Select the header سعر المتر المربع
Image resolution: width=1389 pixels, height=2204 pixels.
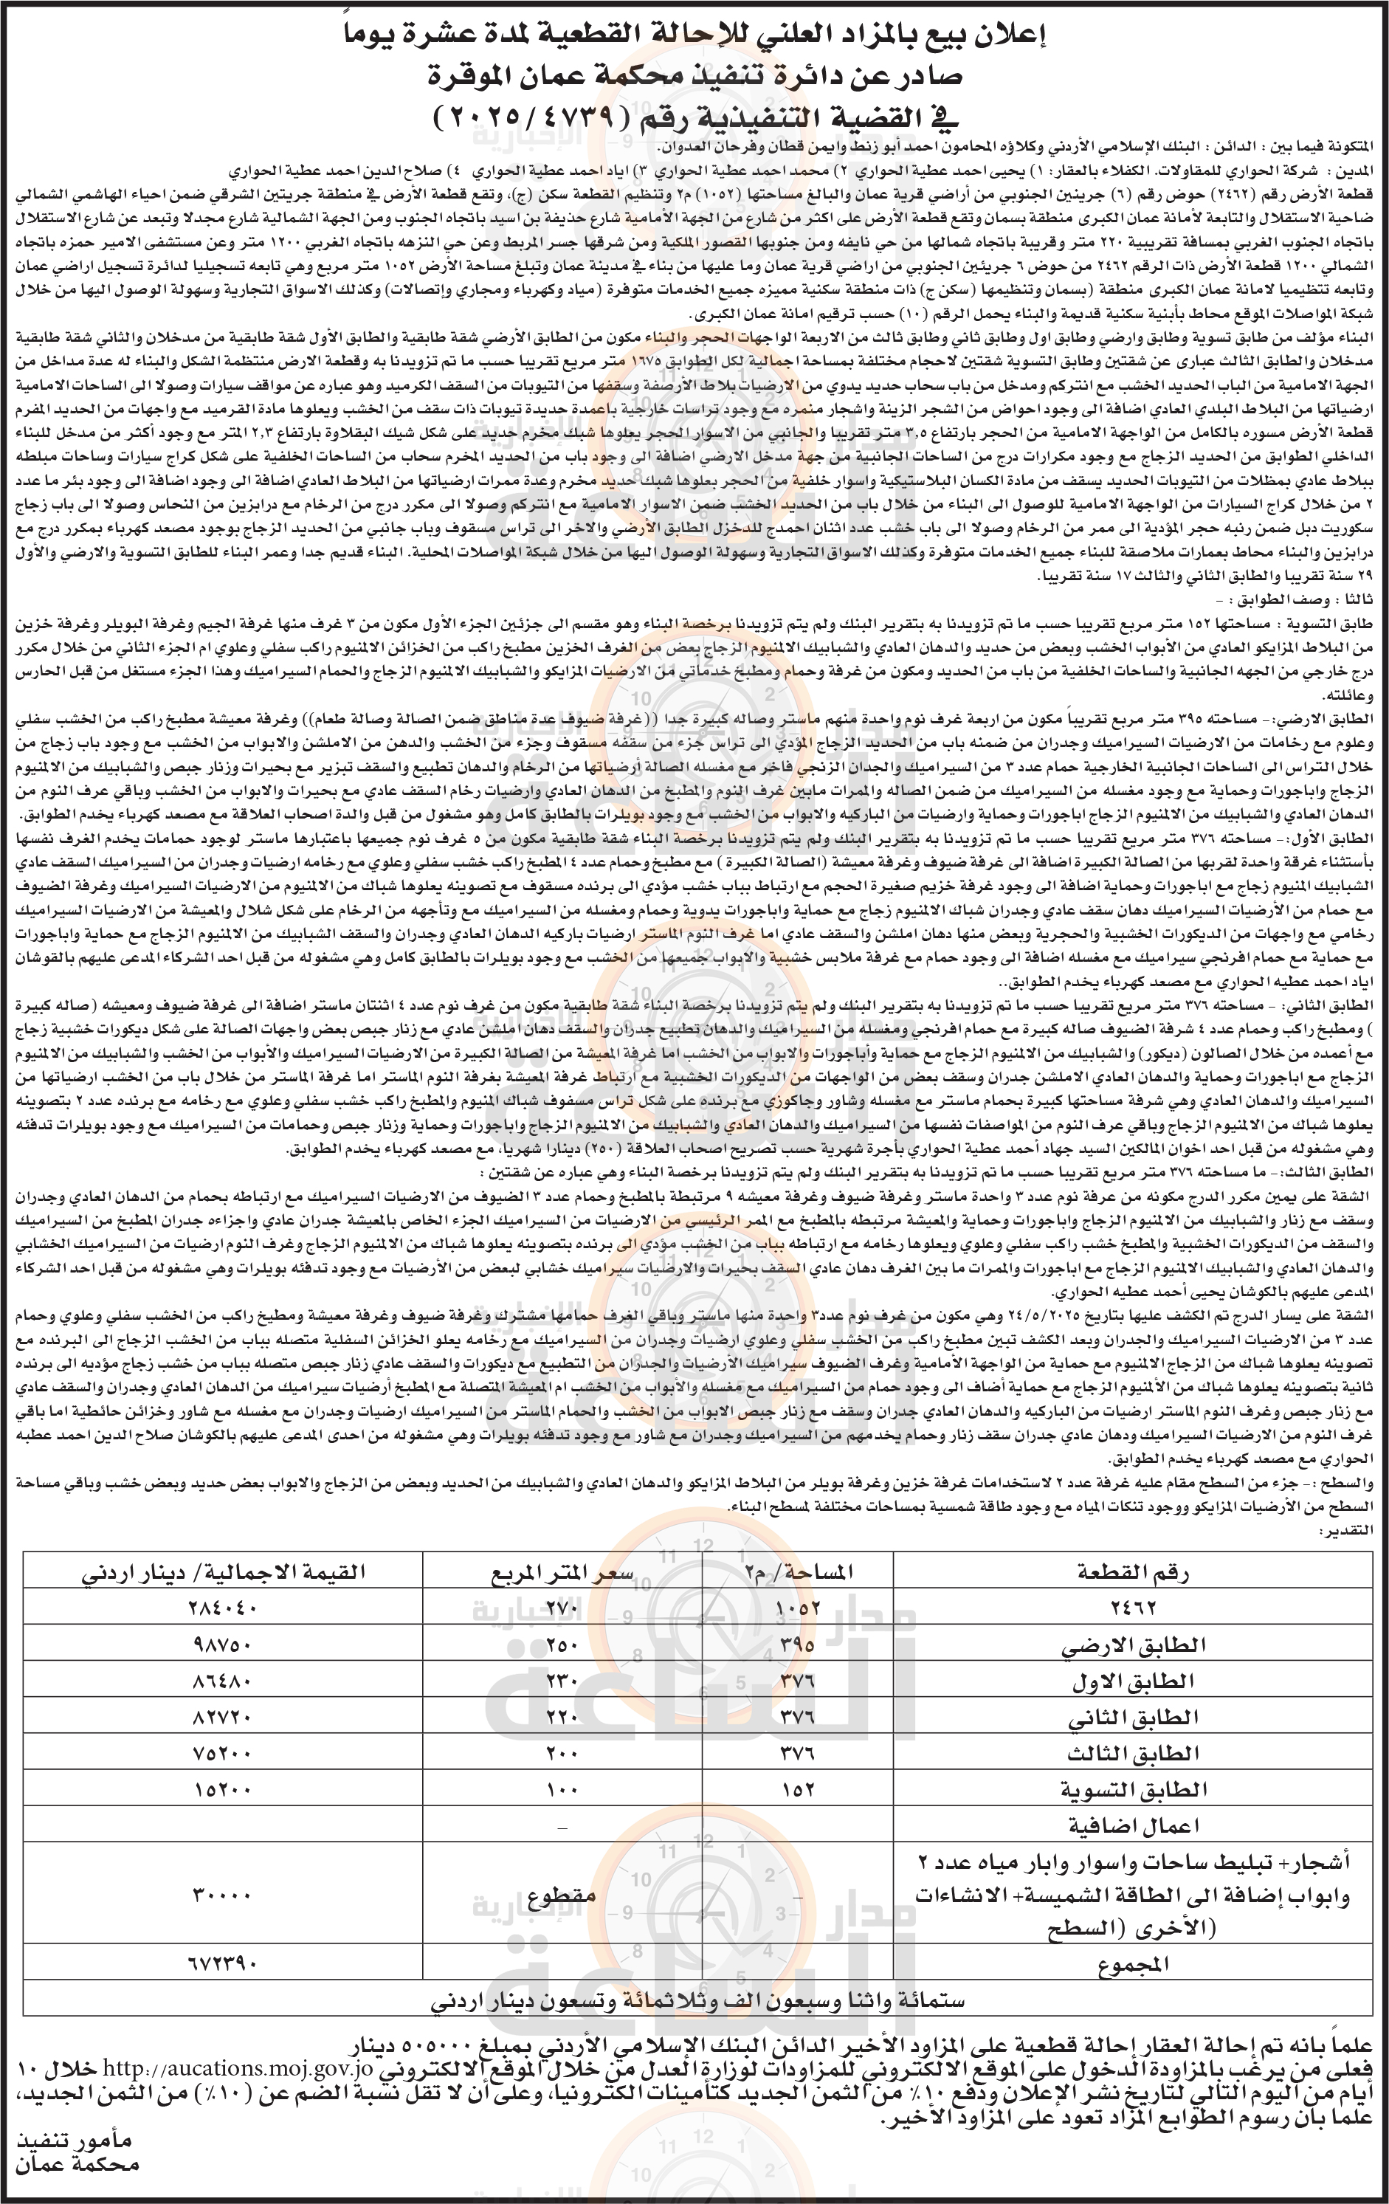pos(558,1571)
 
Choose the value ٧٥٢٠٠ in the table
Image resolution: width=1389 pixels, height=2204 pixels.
pos(224,1754)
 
